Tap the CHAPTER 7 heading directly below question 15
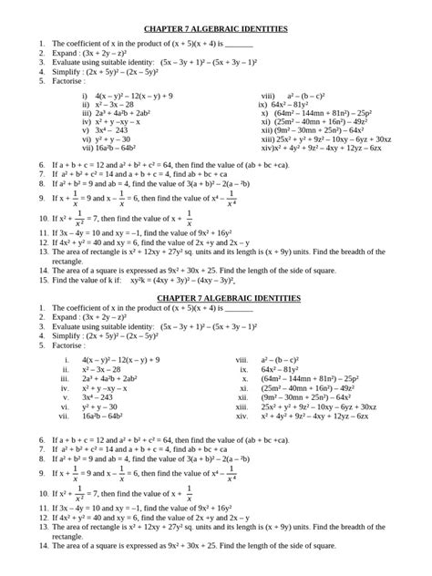pos(216,273)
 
